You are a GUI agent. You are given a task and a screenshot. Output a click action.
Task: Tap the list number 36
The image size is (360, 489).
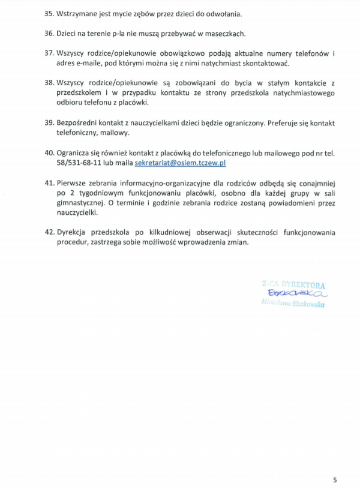tap(49, 34)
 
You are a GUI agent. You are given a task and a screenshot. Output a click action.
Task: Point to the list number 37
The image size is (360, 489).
tap(49, 54)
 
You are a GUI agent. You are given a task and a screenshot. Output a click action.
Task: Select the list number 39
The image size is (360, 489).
tap(49, 122)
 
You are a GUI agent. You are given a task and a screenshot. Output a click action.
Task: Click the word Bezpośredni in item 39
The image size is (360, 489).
tap(79, 122)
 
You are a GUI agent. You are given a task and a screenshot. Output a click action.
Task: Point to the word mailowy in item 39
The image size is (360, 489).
tap(115, 133)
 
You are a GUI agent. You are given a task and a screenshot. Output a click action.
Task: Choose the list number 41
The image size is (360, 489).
tap(49, 182)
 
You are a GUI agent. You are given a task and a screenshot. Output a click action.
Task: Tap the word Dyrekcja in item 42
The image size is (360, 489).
tap(73, 232)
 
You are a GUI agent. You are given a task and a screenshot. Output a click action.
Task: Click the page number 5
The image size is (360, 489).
tap(335, 479)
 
